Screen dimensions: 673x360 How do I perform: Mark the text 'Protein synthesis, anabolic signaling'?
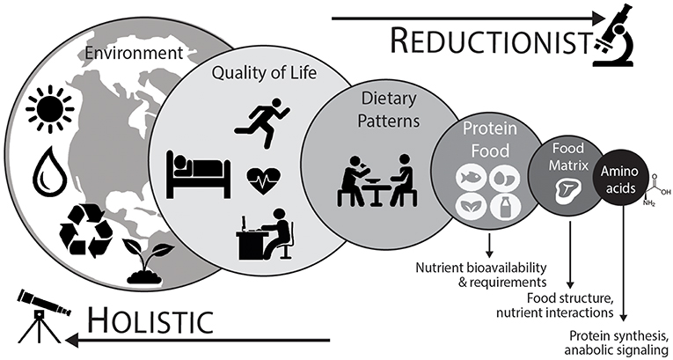point(618,342)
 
